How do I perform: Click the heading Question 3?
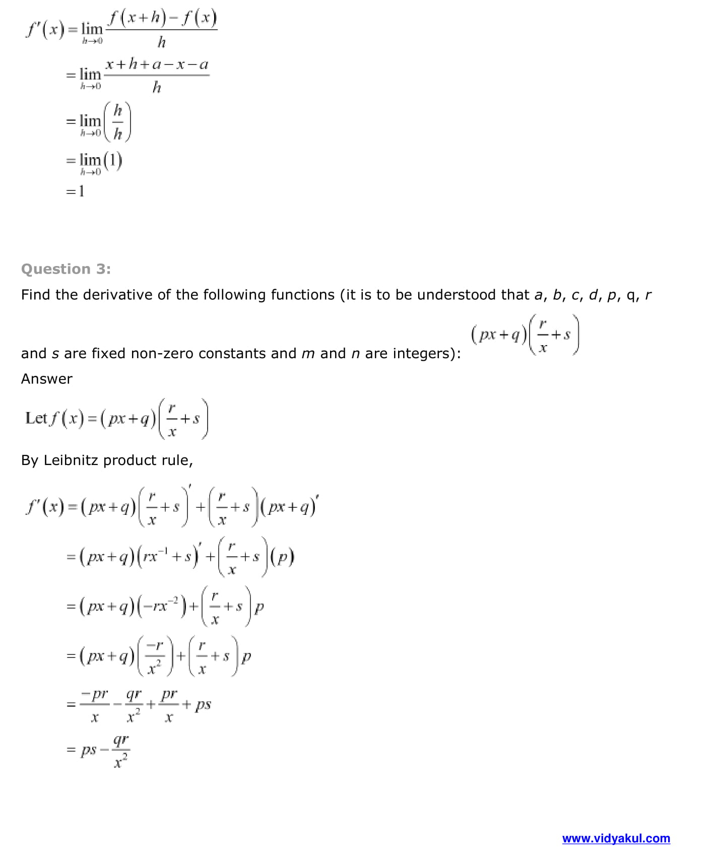click(66, 269)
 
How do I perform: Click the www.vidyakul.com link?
click(616, 838)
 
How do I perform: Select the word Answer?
click(47, 379)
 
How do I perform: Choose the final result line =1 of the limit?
click(76, 191)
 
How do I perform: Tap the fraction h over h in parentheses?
click(117, 121)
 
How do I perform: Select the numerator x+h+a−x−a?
click(157, 64)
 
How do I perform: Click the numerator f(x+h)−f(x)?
click(162, 19)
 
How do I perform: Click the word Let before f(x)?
click(36, 418)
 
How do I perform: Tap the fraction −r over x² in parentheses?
click(155, 656)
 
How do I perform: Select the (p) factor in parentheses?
click(283, 557)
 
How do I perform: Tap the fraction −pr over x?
click(94, 704)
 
